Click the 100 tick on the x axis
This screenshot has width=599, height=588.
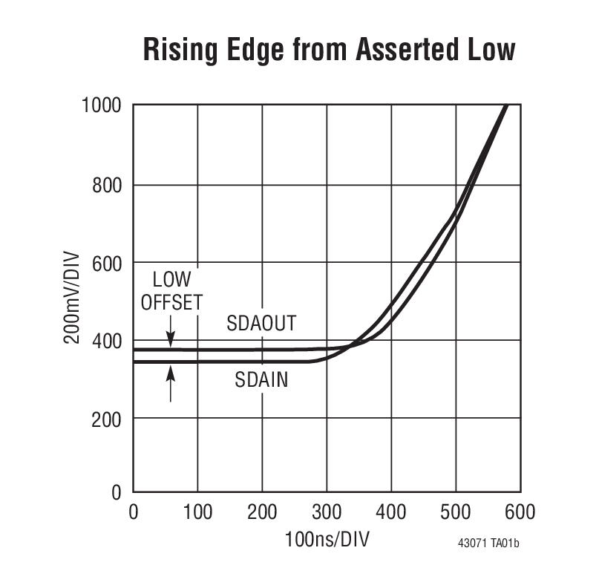[197, 512]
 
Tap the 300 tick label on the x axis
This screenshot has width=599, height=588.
[326, 512]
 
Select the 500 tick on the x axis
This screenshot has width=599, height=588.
[455, 512]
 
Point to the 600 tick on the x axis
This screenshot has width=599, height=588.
[520, 512]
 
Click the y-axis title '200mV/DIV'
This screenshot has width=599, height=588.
[71, 299]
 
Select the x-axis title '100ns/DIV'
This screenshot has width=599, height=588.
[327, 540]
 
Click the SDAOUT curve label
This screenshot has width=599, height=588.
[261, 324]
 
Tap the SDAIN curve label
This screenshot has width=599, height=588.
[261, 380]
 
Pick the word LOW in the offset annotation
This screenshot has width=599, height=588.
[171, 280]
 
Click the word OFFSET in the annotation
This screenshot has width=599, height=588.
[171, 302]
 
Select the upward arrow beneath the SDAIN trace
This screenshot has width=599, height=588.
[171, 382]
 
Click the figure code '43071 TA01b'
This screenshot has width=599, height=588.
[488, 543]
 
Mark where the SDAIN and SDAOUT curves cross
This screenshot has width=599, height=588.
[356, 344]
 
